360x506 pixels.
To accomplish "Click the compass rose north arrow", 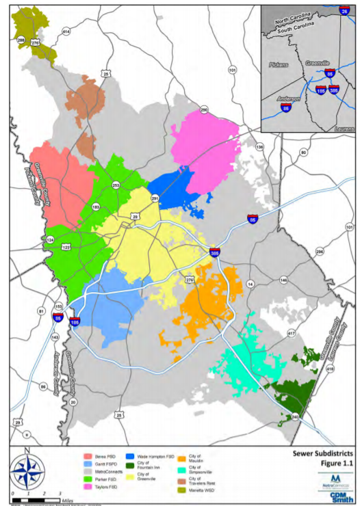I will click(27, 472).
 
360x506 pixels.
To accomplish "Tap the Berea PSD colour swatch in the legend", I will click(88, 455).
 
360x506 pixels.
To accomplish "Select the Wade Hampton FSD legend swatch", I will click(130, 455).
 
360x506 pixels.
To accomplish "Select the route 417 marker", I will click(291, 333).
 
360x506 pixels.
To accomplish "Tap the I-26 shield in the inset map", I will click(344, 12).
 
